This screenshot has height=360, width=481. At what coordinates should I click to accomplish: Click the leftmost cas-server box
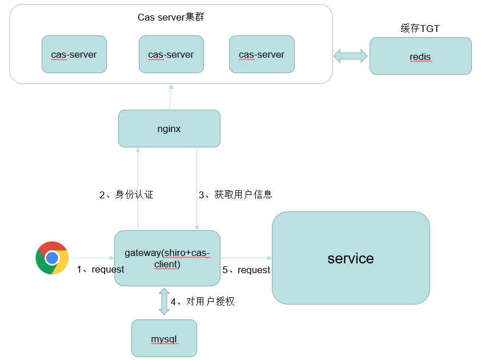point(74,54)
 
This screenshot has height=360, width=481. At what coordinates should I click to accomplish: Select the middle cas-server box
point(171,54)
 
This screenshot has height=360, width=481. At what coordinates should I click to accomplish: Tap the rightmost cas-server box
point(262,54)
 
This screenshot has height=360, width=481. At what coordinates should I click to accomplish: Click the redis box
point(420,56)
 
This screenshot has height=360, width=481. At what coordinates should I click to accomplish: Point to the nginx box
point(169,129)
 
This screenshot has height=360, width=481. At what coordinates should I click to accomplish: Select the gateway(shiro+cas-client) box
point(167,258)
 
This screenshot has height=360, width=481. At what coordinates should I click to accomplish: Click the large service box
point(351,258)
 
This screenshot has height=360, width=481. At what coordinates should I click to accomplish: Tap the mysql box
point(164,339)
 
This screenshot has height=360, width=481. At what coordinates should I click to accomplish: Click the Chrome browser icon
point(52,258)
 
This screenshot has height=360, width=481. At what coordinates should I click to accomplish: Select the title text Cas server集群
point(171,17)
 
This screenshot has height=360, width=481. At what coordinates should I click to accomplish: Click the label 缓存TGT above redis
point(420,29)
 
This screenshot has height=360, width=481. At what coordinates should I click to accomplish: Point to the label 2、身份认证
point(126,195)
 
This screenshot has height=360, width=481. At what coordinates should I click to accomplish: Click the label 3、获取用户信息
point(235,195)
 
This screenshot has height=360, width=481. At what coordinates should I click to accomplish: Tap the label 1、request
point(101,270)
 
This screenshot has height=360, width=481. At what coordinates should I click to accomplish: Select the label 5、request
point(246,270)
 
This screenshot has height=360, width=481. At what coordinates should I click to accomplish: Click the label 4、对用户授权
point(202,301)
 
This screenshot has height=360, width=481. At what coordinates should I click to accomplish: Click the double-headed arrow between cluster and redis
point(351,55)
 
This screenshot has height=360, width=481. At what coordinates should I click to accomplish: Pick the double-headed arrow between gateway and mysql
point(164,302)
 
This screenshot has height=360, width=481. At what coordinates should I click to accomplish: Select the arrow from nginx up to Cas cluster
point(170,97)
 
